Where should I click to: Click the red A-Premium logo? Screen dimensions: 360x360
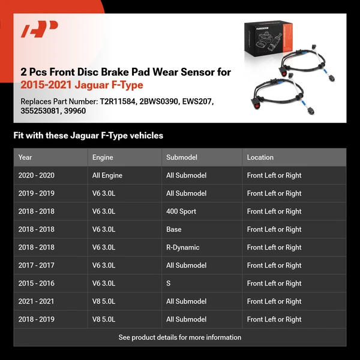tap(40, 29)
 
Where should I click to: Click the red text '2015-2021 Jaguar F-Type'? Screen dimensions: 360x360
tap(82, 85)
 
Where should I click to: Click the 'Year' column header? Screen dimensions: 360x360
tap(25, 157)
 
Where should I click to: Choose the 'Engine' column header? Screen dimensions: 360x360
tap(103, 157)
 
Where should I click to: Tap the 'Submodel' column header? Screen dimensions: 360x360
tap(182, 157)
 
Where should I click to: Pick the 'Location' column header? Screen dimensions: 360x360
tap(260, 157)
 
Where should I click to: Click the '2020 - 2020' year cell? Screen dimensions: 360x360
tap(36, 175)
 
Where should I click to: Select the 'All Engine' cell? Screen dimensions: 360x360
tap(107, 175)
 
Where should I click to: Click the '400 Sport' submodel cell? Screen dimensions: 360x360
tap(181, 211)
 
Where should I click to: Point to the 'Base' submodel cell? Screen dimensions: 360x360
tap(174, 229)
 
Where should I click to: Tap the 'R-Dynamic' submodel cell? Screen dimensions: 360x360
tap(183, 247)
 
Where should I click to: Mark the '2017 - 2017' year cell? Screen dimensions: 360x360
tap(36, 265)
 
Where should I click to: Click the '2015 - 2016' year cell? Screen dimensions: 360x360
tap(36, 283)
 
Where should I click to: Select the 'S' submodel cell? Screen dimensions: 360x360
tap(169, 283)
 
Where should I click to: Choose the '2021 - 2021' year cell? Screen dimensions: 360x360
tap(36, 301)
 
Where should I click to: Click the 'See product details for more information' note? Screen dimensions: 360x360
tap(180, 337)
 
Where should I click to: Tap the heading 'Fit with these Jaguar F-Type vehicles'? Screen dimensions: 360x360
tap(88, 136)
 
